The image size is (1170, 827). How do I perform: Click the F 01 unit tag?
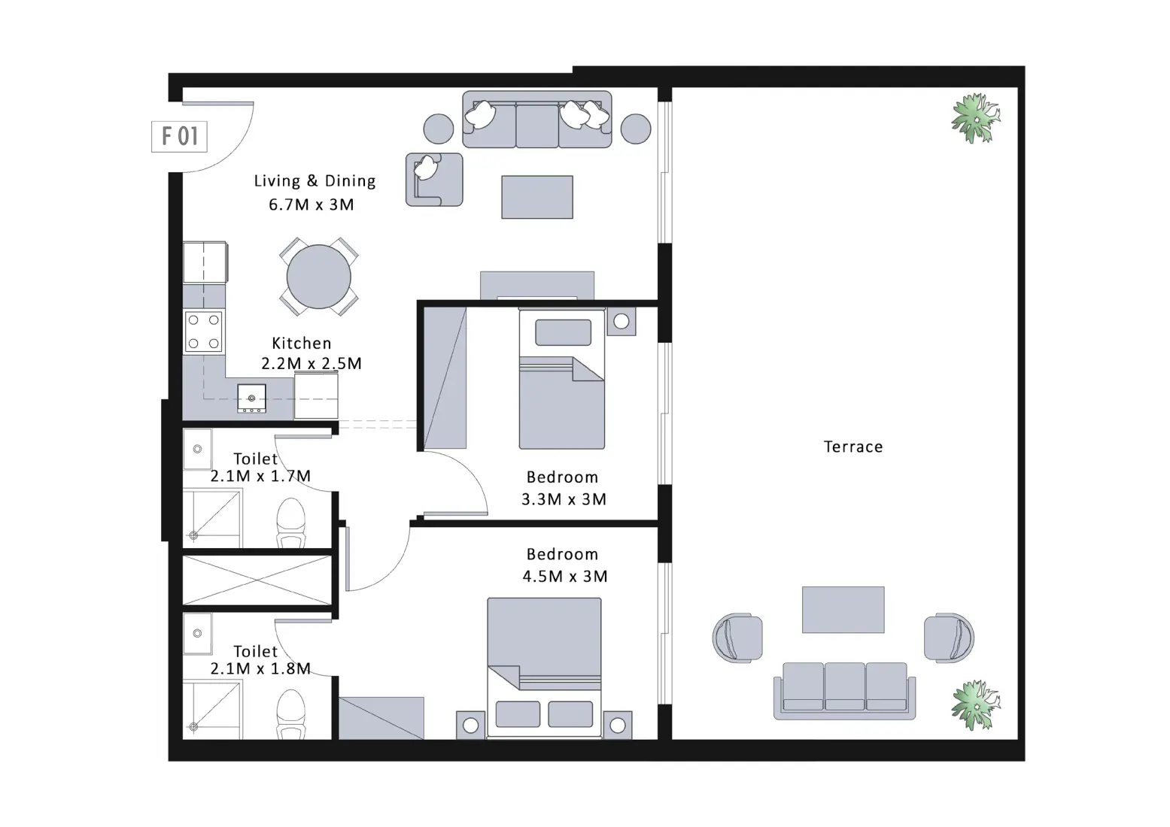click(179, 136)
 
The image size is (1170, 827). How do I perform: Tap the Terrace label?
click(852, 447)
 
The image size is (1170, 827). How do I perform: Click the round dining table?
click(318, 276)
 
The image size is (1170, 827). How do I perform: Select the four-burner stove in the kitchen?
click(204, 332)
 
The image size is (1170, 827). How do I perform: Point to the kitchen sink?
click(251, 398)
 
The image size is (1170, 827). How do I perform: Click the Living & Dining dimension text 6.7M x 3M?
click(311, 204)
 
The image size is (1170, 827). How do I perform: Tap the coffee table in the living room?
click(537, 197)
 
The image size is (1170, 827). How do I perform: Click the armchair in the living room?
click(434, 179)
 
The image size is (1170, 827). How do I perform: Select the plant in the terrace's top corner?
click(976, 118)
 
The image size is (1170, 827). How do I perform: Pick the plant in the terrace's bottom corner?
click(975, 705)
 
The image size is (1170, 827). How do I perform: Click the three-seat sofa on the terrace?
click(844, 689)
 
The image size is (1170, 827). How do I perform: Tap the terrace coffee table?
click(843, 610)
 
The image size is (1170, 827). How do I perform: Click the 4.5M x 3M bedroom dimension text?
click(564, 577)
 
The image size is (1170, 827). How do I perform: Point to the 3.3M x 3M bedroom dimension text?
click(564, 499)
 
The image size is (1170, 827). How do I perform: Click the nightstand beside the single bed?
click(621, 322)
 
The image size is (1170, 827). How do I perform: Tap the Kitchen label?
click(301, 343)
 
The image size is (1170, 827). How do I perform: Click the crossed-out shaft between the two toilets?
click(257, 580)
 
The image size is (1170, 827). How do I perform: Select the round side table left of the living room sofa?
click(439, 129)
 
